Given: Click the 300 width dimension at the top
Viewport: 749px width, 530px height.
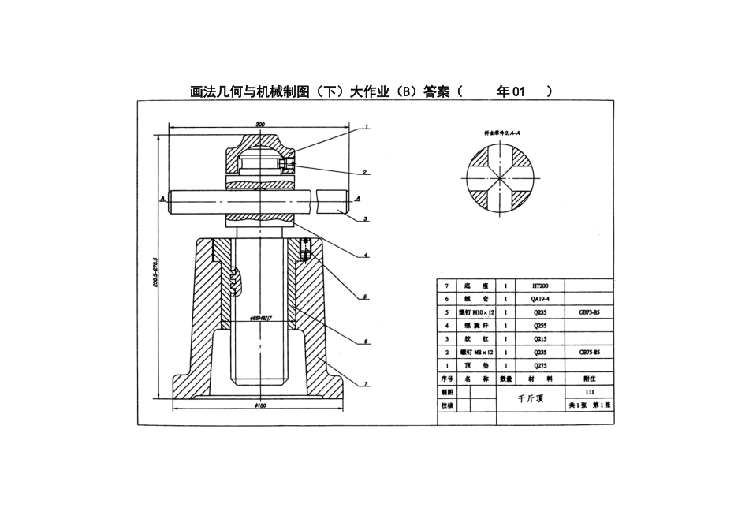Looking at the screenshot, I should click(x=259, y=125).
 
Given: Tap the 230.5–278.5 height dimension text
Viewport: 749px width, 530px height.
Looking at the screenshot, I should click(x=156, y=272).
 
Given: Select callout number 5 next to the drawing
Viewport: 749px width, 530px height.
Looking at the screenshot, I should click(x=366, y=297).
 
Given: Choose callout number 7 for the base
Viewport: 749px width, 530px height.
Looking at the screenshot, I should click(x=366, y=384).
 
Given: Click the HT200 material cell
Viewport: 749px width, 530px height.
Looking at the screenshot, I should click(x=541, y=286).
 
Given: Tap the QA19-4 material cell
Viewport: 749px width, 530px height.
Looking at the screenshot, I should click(x=541, y=299).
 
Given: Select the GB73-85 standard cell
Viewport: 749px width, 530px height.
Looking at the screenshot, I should click(x=590, y=312).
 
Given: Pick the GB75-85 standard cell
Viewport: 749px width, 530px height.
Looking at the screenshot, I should click(x=590, y=352).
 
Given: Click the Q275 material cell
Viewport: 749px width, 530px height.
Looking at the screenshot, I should click(x=541, y=365).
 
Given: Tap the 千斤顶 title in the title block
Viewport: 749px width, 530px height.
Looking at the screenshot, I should click(x=531, y=398).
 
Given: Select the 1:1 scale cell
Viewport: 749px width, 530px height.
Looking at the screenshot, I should click(x=590, y=391).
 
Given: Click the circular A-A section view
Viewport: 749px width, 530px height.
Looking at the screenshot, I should click(x=501, y=179).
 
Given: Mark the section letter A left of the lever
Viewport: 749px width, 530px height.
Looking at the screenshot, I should click(x=161, y=199).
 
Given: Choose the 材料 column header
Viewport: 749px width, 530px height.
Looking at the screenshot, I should click(x=541, y=378).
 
